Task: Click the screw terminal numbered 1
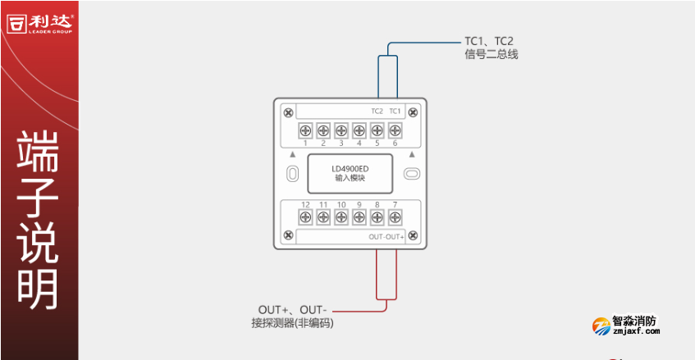click(304, 130)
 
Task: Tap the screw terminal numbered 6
click(395, 130)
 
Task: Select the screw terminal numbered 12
click(304, 216)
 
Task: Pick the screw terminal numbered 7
click(395, 216)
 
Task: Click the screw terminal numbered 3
click(341, 130)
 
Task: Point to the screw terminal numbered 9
click(359, 216)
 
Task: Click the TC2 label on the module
click(377, 111)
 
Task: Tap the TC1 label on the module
click(395, 111)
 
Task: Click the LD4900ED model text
click(350, 168)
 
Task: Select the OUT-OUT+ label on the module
click(386, 236)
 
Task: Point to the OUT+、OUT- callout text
click(290, 309)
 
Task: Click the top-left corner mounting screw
click(287, 112)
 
